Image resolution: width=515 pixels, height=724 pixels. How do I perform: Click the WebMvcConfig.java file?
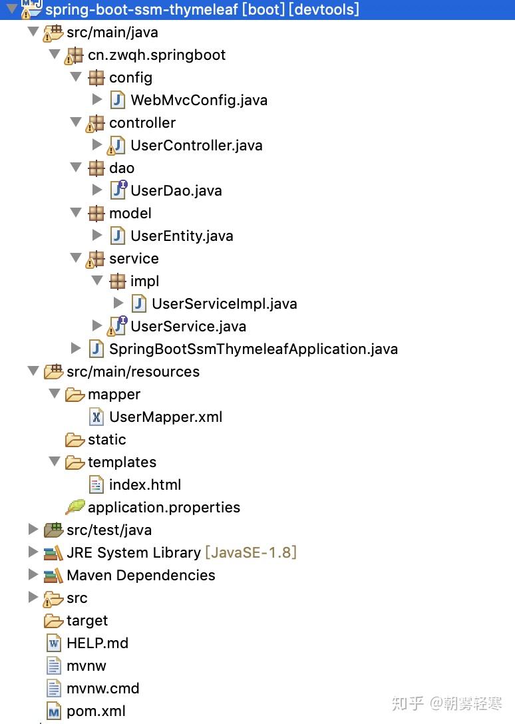click(198, 100)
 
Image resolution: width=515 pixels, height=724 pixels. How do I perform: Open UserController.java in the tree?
click(196, 146)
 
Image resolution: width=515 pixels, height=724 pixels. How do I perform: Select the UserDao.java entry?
click(176, 191)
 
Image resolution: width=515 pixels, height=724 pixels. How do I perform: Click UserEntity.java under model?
click(181, 236)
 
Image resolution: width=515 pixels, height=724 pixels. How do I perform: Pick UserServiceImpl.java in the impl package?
click(224, 304)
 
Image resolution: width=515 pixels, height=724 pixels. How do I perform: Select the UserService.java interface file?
click(188, 327)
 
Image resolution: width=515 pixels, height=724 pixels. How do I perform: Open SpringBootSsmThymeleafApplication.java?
click(253, 349)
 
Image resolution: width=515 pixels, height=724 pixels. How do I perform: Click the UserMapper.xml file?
click(165, 417)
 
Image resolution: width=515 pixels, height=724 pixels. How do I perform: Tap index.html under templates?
click(144, 485)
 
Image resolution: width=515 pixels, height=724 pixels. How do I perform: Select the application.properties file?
click(164, 508)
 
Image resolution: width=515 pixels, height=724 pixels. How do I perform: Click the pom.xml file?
click(96, 711)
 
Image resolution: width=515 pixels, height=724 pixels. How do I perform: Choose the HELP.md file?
click(97, 643)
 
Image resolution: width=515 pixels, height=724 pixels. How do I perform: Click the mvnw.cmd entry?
click(102, 689)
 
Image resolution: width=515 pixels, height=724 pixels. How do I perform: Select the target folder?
click(86, 621)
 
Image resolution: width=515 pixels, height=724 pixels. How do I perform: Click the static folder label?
click(106, 440)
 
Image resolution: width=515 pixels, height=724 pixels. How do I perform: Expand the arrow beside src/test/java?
click(33, 530)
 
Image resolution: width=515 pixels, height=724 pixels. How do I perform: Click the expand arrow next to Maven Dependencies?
click(33, 575)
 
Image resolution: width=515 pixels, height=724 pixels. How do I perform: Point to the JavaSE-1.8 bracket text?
click(250, 553)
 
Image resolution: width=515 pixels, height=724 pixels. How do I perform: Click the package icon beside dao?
click(96, 168)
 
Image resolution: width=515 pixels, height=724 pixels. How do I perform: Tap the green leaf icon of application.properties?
click(75, 507)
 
